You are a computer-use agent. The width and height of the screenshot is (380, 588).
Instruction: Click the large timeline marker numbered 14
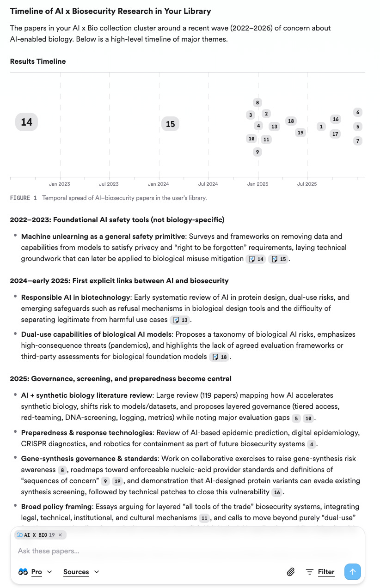point(26,122)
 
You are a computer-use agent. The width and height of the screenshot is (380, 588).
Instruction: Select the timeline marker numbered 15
point(170,124)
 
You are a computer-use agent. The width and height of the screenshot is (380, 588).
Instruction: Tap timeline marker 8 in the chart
point(257,103)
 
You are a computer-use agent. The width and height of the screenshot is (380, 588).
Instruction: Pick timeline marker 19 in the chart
point(300,133)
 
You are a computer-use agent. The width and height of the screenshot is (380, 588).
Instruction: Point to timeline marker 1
point(321,127)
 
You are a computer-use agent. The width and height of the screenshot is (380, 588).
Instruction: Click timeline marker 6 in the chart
point(358,112)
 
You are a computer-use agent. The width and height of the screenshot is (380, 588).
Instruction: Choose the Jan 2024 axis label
point(158,184)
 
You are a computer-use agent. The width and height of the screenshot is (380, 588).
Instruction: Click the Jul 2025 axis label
point(307,184)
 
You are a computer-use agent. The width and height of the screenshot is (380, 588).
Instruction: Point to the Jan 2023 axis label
point(60,184)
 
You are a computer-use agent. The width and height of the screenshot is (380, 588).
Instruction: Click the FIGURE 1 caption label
point(23,198)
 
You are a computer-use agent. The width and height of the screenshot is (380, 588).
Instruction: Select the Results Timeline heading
point(38,61)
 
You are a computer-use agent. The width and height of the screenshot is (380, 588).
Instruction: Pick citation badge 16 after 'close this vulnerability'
point(277,492)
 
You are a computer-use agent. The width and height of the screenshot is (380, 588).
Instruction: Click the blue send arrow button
point(352,572)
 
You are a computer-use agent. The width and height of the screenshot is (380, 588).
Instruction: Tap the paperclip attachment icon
point(291,572)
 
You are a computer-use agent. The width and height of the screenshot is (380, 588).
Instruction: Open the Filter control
point(320,572)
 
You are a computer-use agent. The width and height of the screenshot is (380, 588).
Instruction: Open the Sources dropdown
point(81,572)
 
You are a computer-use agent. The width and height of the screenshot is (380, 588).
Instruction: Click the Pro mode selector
point(36,572)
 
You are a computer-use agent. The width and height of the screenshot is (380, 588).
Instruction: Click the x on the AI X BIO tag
point(60,535)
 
